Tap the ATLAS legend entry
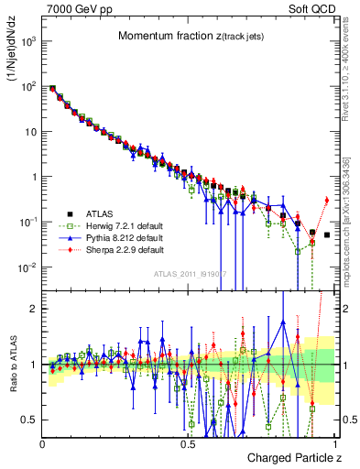click(100, 213)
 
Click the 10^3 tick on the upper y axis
click(27, 42)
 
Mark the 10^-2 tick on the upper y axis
click(27, 267)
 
